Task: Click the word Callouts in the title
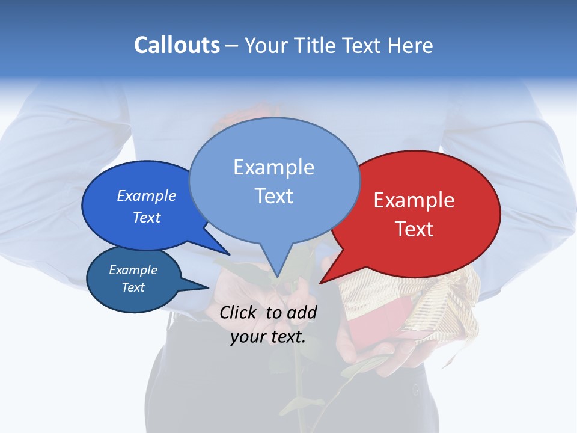point(177,45)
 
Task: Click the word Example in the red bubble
point(414,200)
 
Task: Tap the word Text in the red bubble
point(414,229)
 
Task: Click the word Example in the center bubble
point(273,167)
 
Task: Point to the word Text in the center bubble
point(273,195)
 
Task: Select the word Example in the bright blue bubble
point(146,195)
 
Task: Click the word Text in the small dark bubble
point(133,287)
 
